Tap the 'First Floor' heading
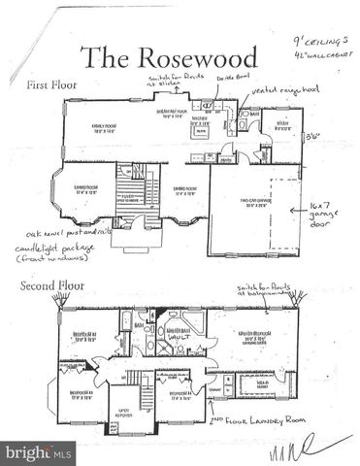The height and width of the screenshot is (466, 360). tap(52, 86)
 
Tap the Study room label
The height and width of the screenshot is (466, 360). tap(282, 124)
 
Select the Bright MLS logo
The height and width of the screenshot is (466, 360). tap(37, 453)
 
